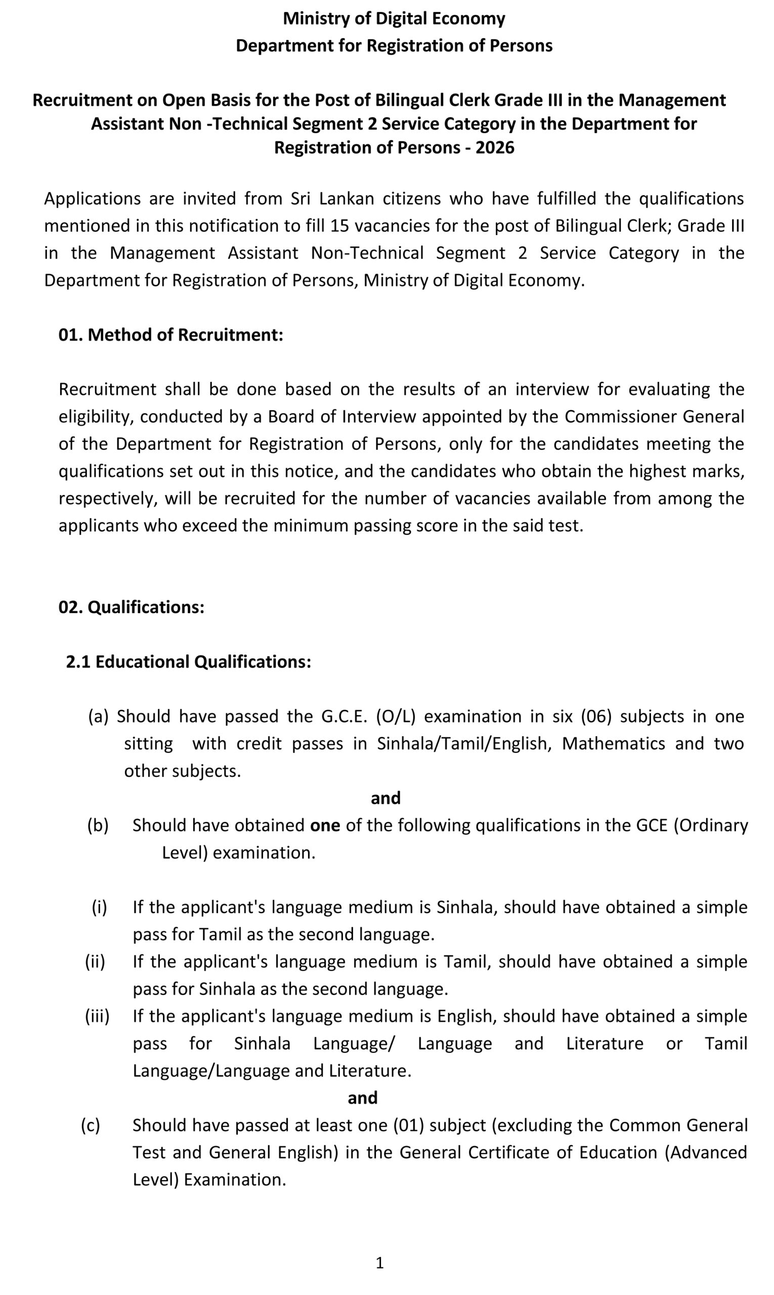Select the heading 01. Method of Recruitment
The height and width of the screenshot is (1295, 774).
point(170,335)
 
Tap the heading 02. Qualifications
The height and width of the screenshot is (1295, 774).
point(131,607)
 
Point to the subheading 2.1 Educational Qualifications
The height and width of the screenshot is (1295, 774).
point(188,661)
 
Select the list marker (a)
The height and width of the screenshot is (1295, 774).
point(98,716)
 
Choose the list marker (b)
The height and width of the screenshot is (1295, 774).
point(98,825)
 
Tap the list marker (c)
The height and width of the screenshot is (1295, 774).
point(90,1125)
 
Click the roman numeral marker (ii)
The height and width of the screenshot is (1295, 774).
point(96,961)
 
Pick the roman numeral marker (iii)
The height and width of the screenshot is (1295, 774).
point(97,1016)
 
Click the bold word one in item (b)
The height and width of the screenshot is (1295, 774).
point(325,825)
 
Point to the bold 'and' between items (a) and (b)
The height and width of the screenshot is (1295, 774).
point(385,798)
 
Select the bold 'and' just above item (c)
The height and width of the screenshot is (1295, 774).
point(363,1098)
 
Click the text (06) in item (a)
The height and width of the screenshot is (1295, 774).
point(596,716)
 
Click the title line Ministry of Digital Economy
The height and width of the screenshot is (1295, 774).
point(394,19)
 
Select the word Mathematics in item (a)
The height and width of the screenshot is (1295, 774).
point(613,743)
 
